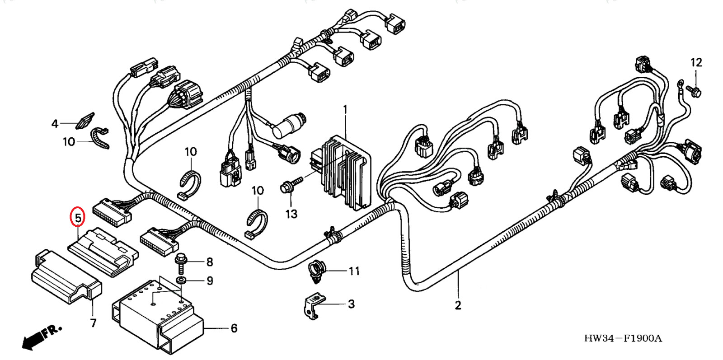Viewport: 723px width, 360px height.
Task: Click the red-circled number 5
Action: pyautogui.click(x=78, y=217)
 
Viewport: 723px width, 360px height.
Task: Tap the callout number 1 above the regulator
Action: pyautogui.click(x=345, y=109)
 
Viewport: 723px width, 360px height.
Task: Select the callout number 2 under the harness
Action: pyautogui.click(x=458, y=305)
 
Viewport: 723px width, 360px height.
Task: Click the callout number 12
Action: pyautogui.click(x=696, y=62)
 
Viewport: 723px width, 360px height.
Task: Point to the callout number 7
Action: pyautogui.click(x=93, y=323)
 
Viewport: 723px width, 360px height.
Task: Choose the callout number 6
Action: pyautogui.click(x=234, y=328)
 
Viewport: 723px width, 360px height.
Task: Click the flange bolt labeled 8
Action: pyautogui.click(x=180, y=262)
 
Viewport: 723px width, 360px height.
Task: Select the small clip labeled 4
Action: pyautogui.click(x=85, y=121)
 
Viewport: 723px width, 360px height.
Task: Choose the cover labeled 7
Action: pyautogui.click(x=66, y=276)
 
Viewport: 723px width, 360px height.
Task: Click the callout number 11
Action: pyautogui.click(x=354, y=271)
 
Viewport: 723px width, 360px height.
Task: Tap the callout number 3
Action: pyautogui.click(x=351, y=304)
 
